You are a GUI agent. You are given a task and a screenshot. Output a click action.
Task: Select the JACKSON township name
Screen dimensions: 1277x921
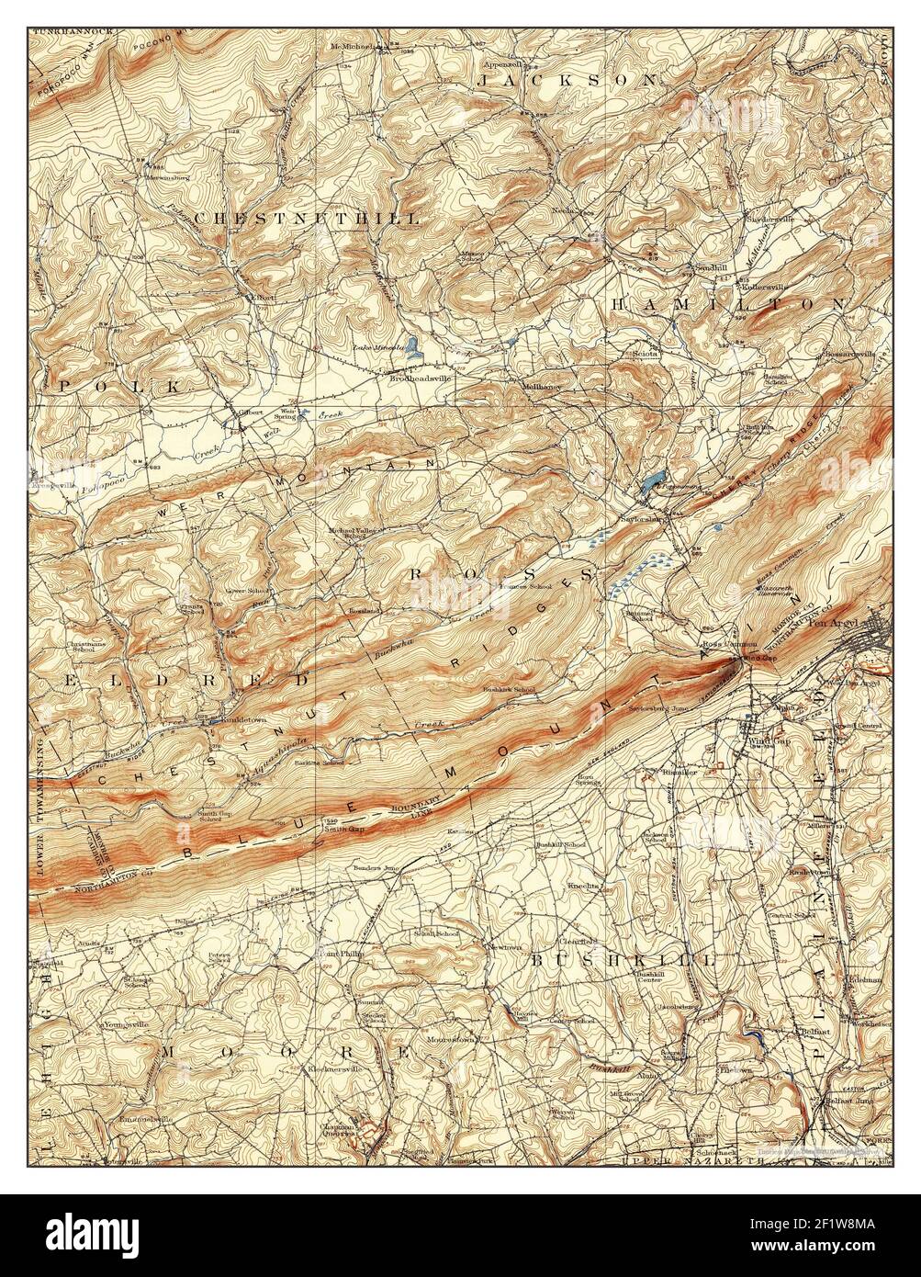click(x=566, y=81)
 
